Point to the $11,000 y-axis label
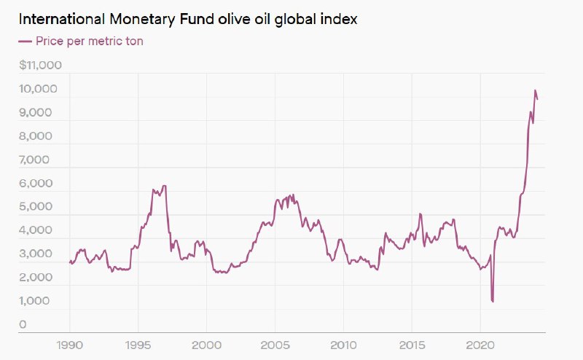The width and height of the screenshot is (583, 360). click(41, 66)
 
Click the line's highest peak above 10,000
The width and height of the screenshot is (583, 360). click(535, 90)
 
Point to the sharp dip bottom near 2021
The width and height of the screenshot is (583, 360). click(493, 301)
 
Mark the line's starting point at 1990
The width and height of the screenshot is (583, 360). click(70, 262)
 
